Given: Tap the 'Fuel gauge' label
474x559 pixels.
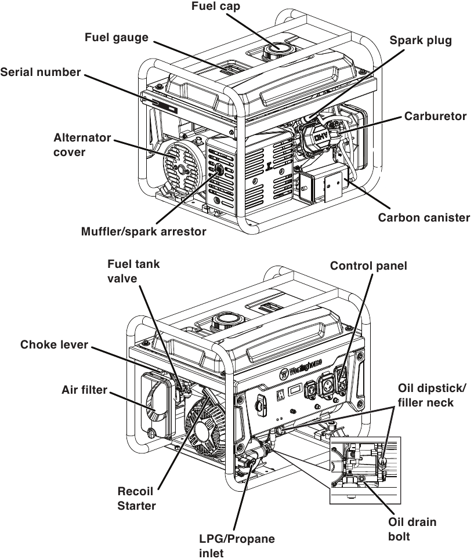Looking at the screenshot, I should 117,38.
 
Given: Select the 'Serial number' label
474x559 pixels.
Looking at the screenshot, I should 40,72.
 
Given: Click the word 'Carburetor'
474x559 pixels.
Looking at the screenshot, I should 436,116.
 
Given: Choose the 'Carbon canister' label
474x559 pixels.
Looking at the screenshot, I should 424,218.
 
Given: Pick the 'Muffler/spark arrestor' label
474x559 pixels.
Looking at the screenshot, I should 143,231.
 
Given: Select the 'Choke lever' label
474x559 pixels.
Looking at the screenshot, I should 54,344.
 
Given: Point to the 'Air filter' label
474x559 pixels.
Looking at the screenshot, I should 84,390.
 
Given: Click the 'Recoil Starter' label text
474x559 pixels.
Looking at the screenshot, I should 137,498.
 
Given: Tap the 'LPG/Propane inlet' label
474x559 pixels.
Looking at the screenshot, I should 237,546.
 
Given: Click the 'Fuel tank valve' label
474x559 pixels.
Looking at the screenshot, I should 133,271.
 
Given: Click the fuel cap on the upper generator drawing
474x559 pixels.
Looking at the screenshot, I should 277,51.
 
